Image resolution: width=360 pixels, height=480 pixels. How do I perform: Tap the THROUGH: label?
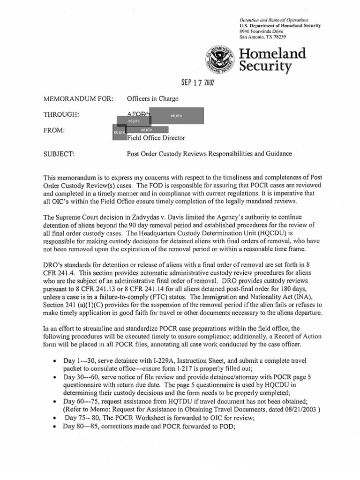click(60, 115)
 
